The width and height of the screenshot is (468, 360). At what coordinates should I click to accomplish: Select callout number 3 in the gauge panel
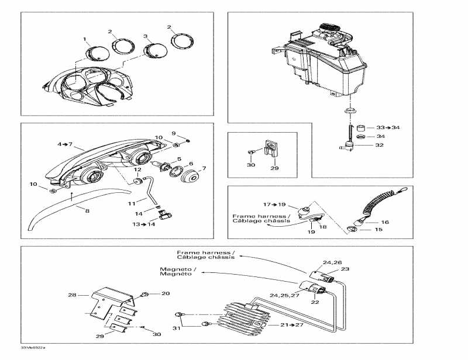(x=145, y=36)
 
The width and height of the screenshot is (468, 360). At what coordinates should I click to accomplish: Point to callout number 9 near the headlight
(x=173, y=133)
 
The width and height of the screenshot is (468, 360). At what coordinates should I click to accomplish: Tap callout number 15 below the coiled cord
(x=378, y=230)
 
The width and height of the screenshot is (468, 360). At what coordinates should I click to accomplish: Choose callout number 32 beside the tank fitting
(x=379, y=145)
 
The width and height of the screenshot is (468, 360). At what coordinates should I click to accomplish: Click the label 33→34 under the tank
(x=388, y=127)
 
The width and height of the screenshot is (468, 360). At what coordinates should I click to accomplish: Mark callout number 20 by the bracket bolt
(x=165, y=293)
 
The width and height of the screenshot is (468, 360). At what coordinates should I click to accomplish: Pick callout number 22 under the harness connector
(x=315, y=302)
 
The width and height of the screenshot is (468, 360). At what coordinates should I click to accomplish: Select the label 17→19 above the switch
(x=274, y=205)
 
